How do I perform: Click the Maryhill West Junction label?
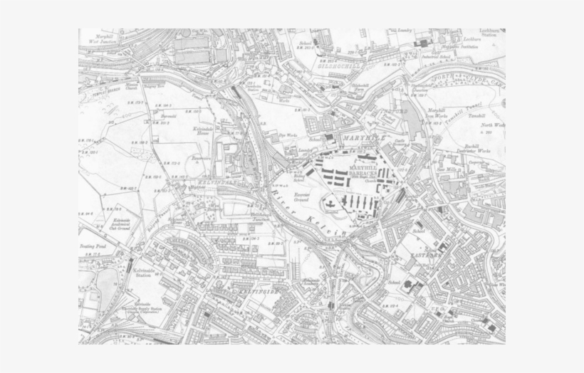[103, 40]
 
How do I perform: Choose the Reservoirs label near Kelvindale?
[199, 159]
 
